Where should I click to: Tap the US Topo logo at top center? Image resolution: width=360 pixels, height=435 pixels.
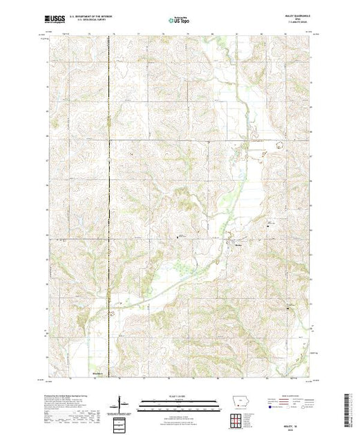[179, 21]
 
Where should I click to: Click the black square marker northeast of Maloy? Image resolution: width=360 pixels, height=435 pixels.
[269, 223]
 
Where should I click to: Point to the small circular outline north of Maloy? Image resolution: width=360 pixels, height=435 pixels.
[279, 145]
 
